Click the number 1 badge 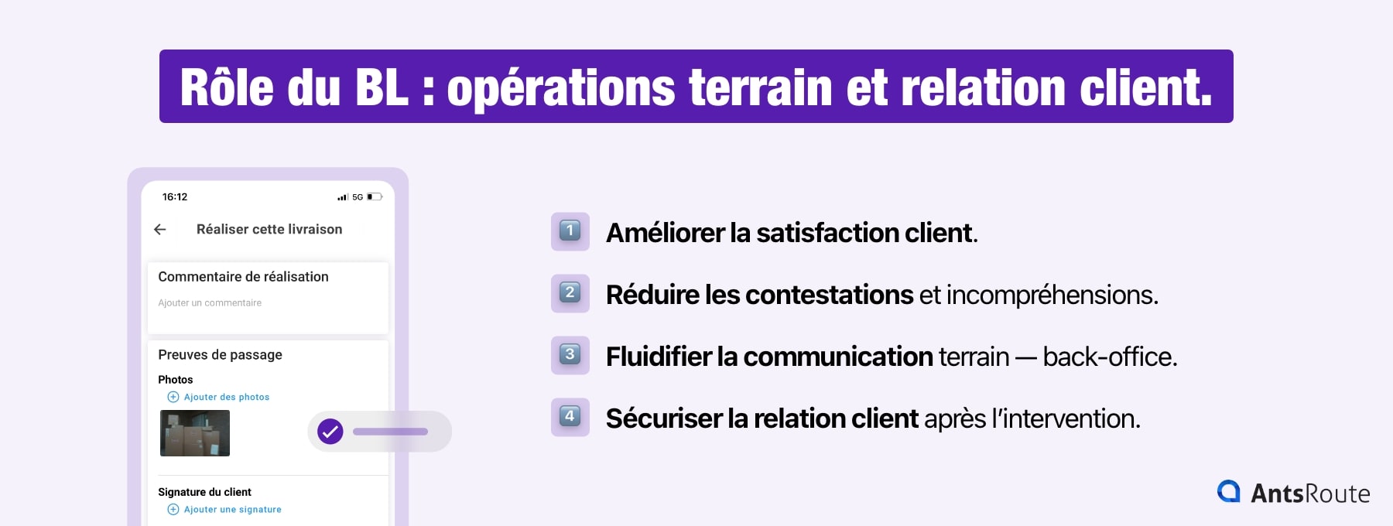(x=570, y=231)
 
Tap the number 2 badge (x=570, y=293)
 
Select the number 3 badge (x=570, y=355)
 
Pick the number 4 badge (x=570, y=417)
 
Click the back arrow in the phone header (x=160, y=229)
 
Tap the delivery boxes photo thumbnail (x=195, y=433)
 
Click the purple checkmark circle (x=330, y=432)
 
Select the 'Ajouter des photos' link (x=226, y=397)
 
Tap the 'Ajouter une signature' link (x=232, y=509)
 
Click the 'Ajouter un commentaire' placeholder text (x=210, y=302)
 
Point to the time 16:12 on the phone (x=175, y=196)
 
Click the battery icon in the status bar (x=375, y=196)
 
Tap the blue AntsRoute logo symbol (x=1228, y=492)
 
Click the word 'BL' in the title (x=382, y=87)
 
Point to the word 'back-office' (x=1109, y=357)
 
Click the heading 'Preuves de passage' (x=220, y=354)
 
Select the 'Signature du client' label (x=204, y=492)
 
